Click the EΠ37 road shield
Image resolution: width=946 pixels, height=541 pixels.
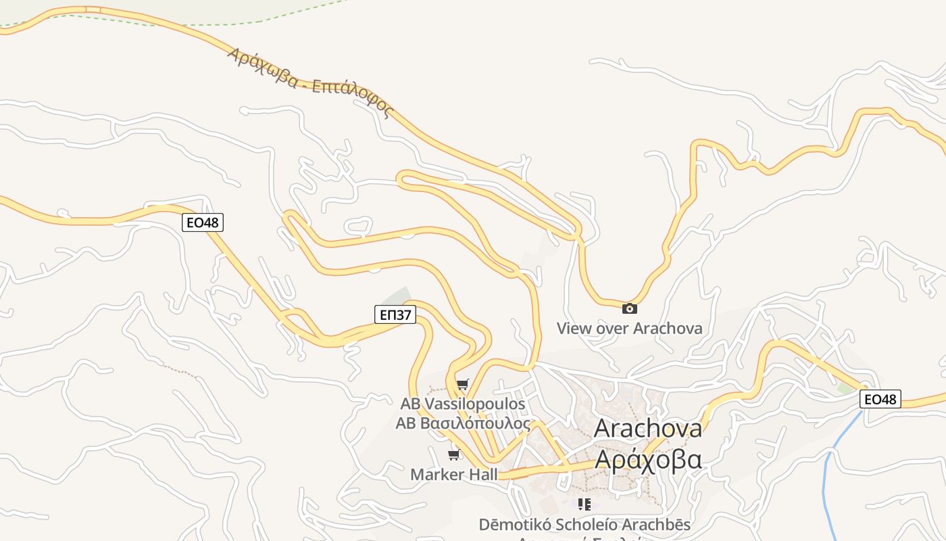pyautogui.click(x=395, y=314)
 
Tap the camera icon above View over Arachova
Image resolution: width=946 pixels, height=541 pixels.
pyautogui.click(x=629, y=309)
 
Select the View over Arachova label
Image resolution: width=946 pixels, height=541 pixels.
pyautogui.click(x=629, y=329)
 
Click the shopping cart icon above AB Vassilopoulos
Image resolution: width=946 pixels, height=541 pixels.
pyautogui.click(x=462, y=385)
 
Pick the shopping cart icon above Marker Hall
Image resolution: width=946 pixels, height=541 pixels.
pyautogui.click(x=454, y=454)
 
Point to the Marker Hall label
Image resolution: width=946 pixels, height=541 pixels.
pyautogui.click(x=453, y=474)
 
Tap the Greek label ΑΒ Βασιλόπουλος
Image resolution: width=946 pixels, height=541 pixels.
pyautogui.click(x=463, y=423)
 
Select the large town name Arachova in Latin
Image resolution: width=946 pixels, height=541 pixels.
pyautogui.click(x=647, y=428)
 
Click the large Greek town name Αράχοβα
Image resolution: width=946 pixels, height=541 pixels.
pyautogui.click(x=647, y=459)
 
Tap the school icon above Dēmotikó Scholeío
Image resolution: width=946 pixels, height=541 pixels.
pyautogui.click(x=584, y=504)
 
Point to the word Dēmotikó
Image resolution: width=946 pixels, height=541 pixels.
pyautogui.click(x=511, y=524)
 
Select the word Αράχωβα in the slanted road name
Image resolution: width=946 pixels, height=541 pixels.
pyautogui.click(x=263, y=67)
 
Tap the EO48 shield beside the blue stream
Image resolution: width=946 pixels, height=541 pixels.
pyautogui.click(x=880, y=399)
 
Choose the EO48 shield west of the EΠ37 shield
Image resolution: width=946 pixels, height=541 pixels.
pyautogui.click(x=203, y=222)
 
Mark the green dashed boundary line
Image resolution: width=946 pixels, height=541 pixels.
pyautogui.click(x=203, y=24)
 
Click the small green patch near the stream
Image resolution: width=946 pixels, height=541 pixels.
pyautogui.click(x=845, y=389)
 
